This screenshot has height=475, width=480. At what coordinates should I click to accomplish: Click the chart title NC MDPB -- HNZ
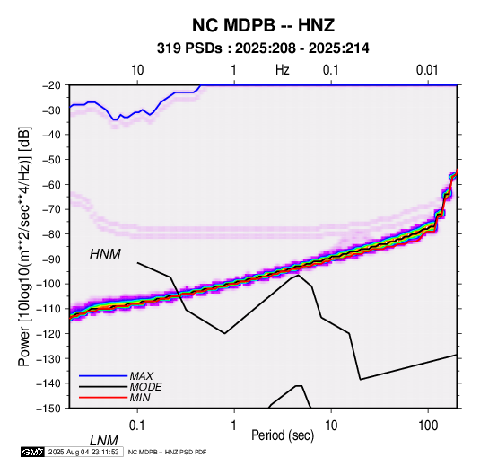263,25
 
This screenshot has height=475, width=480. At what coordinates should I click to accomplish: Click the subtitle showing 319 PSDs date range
263,48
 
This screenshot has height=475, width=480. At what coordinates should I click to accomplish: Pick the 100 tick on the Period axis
428,426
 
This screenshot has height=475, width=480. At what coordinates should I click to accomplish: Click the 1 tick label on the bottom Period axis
234,426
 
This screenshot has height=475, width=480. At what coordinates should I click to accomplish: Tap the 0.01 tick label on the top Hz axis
427,70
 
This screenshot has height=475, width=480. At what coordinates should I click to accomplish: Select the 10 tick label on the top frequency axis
137,70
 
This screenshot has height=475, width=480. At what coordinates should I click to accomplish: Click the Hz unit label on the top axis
283,70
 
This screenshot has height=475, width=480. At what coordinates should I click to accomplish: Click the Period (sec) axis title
283,435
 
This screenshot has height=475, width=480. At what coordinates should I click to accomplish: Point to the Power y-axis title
24,246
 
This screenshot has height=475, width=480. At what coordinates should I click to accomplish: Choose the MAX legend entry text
141,375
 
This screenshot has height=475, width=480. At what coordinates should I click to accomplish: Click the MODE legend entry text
145,387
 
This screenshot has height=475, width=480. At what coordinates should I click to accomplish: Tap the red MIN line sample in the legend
103,398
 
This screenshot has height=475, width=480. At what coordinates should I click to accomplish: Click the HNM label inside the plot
105,254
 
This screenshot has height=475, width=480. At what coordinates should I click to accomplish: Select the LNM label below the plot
104,441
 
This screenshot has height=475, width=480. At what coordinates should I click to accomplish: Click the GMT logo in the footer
32,452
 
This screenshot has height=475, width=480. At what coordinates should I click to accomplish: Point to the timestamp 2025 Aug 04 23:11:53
83,452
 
